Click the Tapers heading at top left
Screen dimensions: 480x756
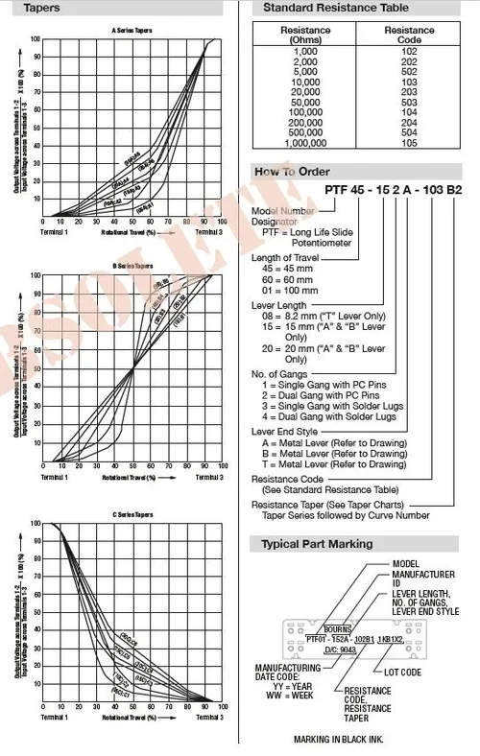coord(34,8)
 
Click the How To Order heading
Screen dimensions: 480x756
coord(292,172)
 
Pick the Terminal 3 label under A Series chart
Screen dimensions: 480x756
coord(208,232)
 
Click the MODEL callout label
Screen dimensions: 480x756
coord(407,563)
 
